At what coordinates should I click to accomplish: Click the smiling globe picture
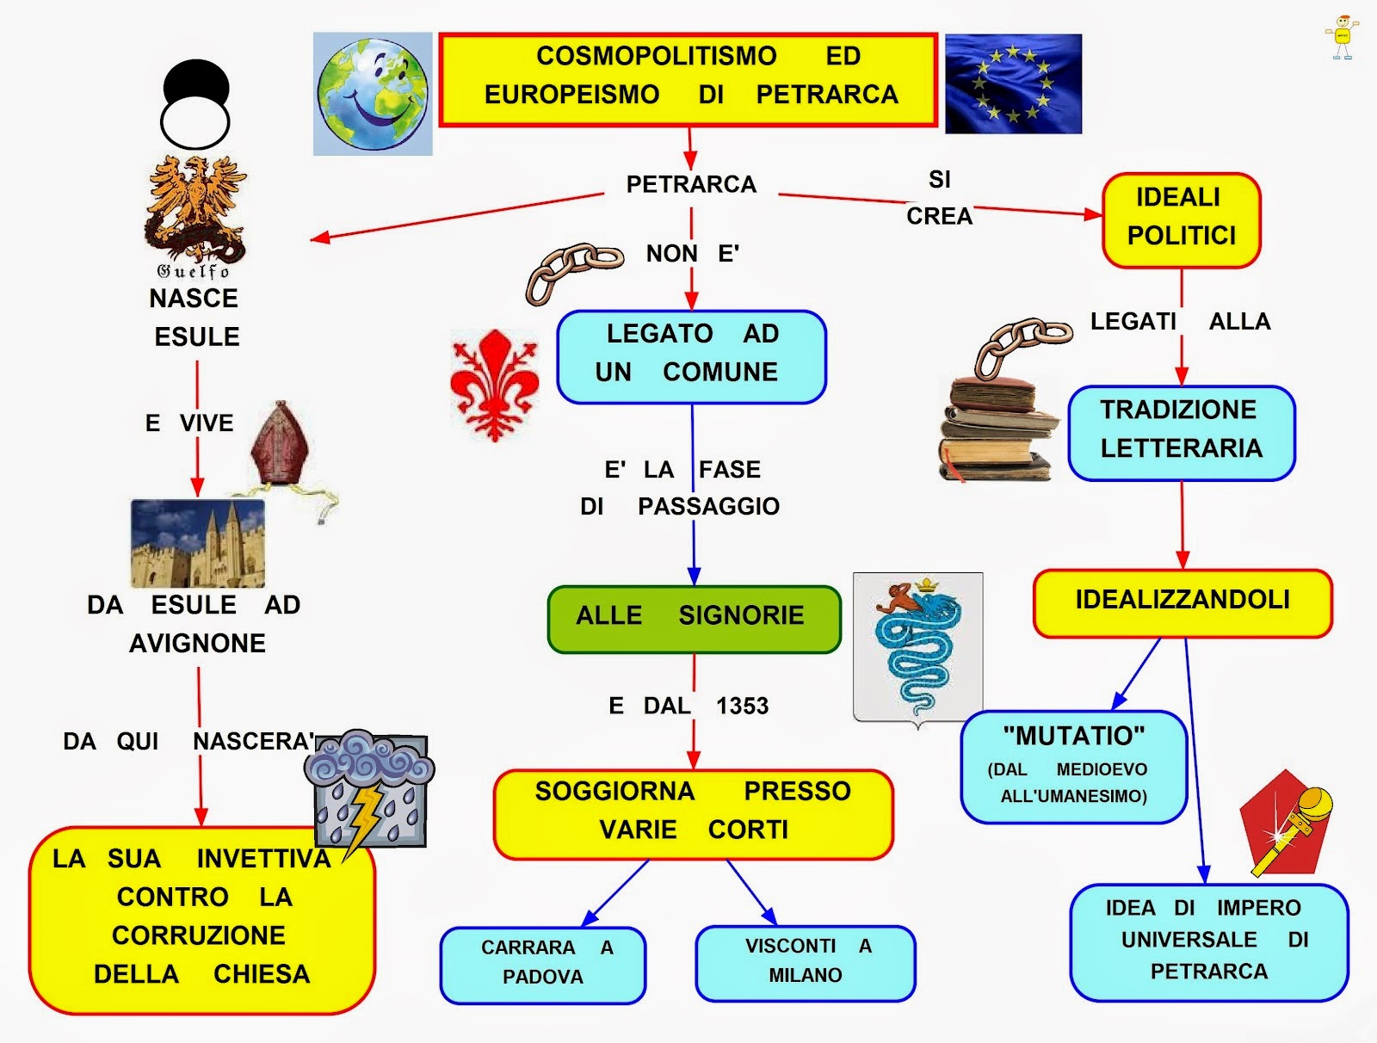point(373,94)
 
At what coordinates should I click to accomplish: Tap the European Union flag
point(1013,83)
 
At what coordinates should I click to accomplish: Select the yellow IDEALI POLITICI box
point(1182,220)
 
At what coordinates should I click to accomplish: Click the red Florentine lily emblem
point(495,385)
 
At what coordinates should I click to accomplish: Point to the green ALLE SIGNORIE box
point(694,619)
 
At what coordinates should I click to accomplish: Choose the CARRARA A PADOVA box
point(543,965)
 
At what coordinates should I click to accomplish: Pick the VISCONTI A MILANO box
point(806,963)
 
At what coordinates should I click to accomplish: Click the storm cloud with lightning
point(370,790)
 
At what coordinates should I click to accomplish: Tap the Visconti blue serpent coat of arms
point(917,649)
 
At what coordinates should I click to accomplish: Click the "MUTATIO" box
point(1073,767)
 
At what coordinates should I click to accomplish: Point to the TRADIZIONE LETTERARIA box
point(1182,433)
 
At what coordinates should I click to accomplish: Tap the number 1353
point(742,707)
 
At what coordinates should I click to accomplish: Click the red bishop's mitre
point(280,444)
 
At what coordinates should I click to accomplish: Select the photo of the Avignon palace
point(198,543)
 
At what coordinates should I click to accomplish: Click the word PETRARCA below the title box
point(691,184)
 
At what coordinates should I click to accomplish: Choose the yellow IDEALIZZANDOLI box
point(1182,602)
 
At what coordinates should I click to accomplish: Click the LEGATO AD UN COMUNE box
point(691,357)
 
